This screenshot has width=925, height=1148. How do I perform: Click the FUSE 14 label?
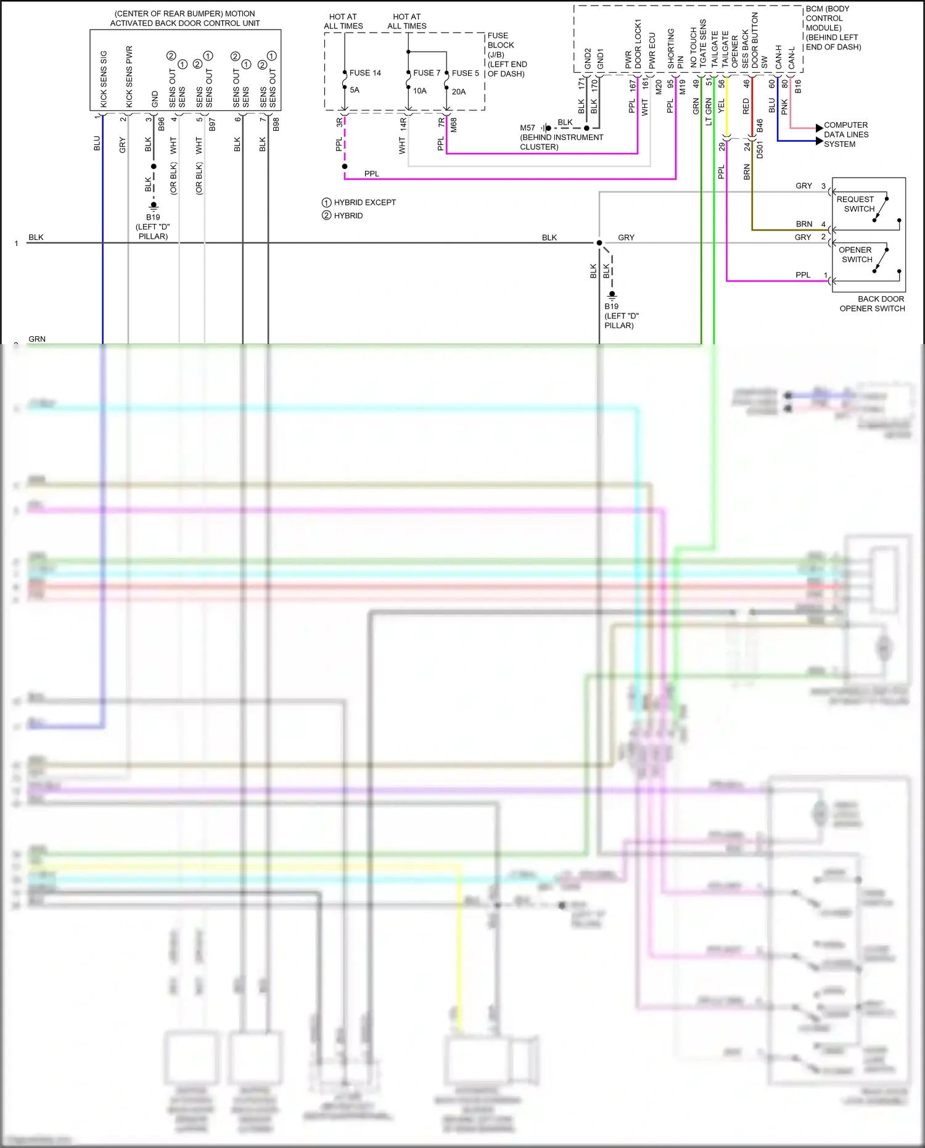(x=365, y=73)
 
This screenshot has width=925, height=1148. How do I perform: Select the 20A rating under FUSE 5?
(x=459, y=91)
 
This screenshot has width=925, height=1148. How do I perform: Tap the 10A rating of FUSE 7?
(x=420, y=91)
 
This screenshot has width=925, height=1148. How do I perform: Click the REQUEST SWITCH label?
(x=855, y=204)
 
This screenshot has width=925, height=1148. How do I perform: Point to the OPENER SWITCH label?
(x=855, y=255)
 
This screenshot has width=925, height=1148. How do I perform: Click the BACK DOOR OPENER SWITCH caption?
(x=873, y=304)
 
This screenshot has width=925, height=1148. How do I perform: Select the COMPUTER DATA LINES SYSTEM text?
(x=846, y=134)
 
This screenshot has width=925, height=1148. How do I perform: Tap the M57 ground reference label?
(x=527, y=128)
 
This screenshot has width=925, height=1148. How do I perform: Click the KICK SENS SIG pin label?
(x=104, y=79)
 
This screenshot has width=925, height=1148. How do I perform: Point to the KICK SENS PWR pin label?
(x=129, y=76)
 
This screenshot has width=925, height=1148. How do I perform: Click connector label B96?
(x=162, y=124)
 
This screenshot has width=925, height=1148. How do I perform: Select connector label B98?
(x=276, y=124)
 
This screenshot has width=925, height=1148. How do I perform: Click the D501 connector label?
(x=760, y=149)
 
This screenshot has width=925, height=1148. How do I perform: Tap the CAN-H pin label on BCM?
(x=779, y=57)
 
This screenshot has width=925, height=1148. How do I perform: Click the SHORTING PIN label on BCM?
(x=675, y=49)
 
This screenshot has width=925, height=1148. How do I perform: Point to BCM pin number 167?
(x=633, y=86)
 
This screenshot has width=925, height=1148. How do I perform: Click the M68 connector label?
(x=454, y=125)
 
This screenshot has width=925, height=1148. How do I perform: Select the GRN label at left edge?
(x=37, y=339)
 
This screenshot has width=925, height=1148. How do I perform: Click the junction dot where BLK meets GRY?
(x=599, y=243)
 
